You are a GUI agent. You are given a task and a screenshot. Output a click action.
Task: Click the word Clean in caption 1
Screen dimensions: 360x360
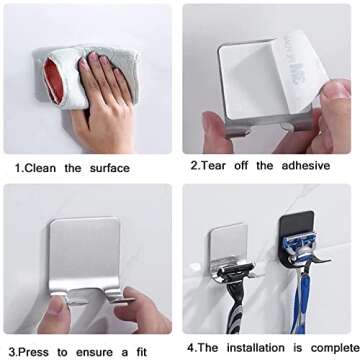click(40, 168)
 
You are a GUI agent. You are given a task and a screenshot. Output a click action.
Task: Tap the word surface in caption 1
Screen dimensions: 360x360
click(110, 168)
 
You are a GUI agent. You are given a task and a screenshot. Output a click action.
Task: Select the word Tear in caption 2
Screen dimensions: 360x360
click(213, 165)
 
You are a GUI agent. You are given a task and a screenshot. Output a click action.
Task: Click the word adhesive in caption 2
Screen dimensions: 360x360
click(306, 165)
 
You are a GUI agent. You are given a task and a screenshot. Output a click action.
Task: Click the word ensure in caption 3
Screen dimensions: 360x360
click(95, 352)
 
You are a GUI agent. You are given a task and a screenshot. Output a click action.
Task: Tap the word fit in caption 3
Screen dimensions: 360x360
click(141, 352)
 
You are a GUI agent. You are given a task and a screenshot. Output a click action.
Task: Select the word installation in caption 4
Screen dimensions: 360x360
click(256, 348)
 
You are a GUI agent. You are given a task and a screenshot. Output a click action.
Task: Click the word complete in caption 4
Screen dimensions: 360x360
click(335, 348)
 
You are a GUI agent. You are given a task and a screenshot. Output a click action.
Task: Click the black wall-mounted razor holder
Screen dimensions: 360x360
click(298, 238)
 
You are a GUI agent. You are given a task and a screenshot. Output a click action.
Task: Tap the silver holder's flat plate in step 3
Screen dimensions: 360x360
click(84, 251)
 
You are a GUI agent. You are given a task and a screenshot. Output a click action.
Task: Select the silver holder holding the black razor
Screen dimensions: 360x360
click(231, 252)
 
